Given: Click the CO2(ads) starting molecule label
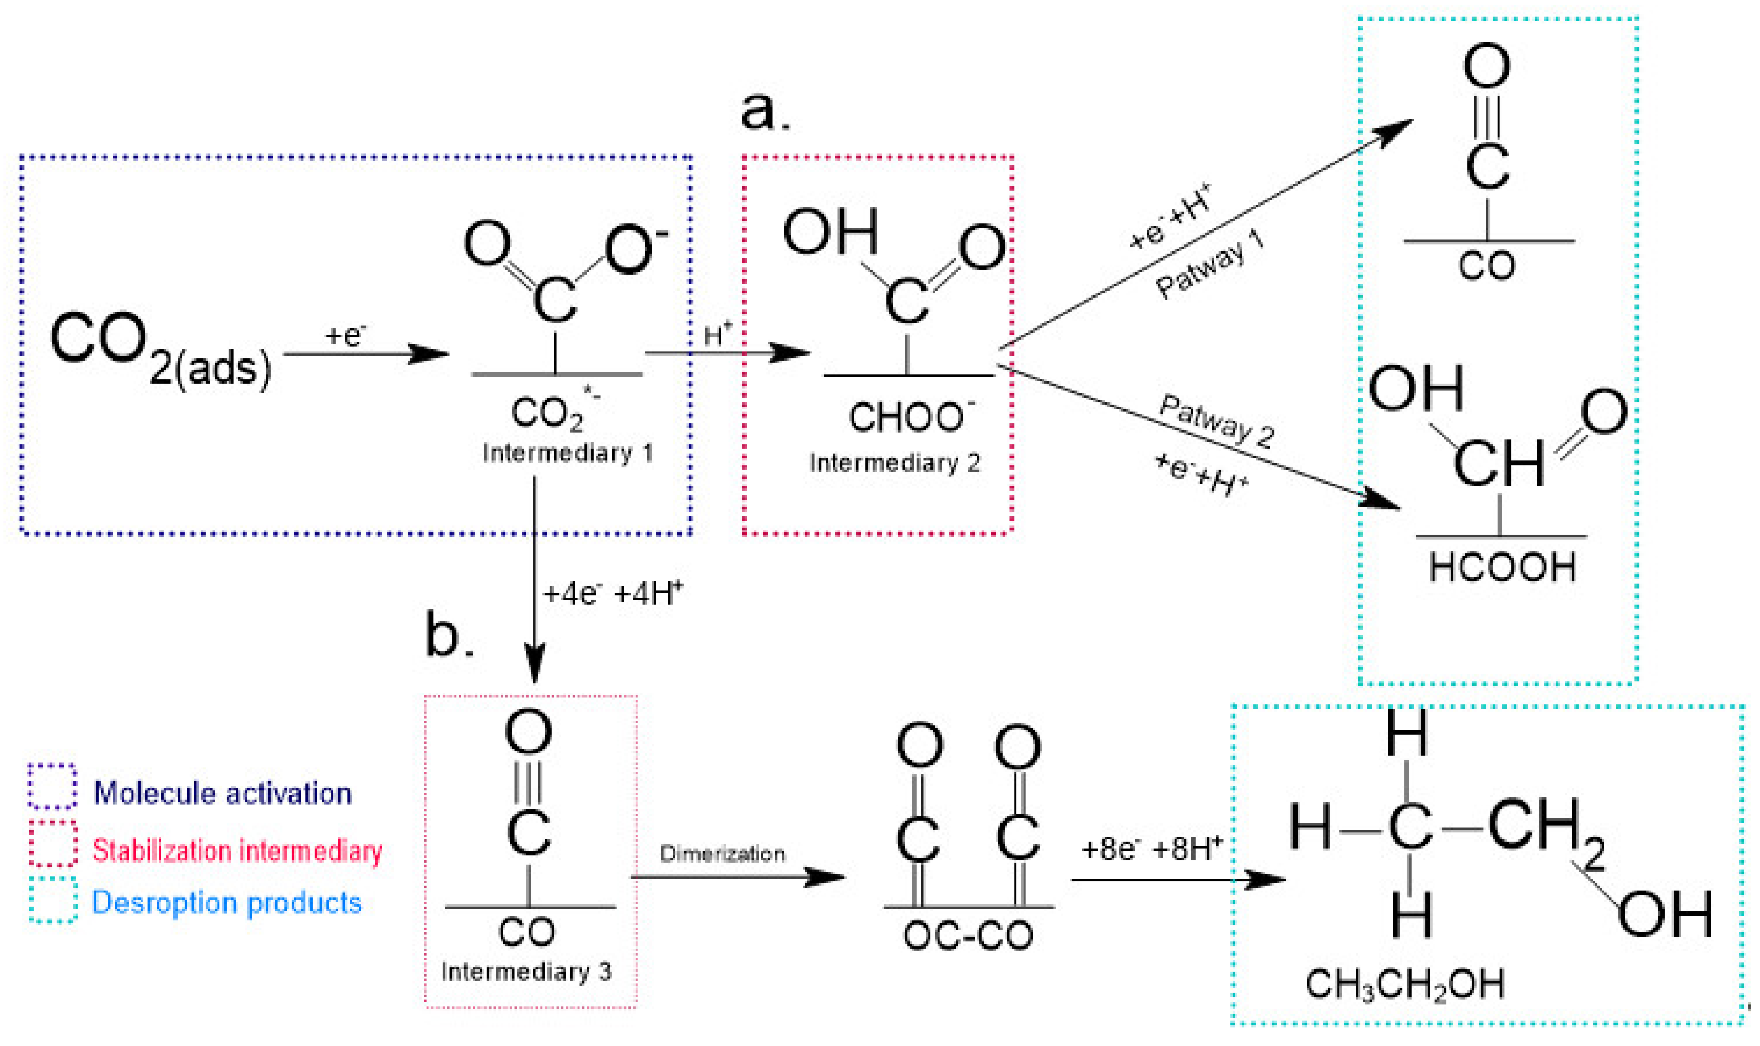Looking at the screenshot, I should click(x=161, y=347).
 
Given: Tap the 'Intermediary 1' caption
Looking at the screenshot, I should click(x=567, y=453).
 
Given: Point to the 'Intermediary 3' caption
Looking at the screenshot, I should click(x=526, y=972).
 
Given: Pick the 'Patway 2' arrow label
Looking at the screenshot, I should click(x=1217, y=421).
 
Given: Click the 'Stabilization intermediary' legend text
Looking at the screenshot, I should click(x=237, y=851).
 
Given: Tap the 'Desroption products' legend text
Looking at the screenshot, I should click(x=227, y=903).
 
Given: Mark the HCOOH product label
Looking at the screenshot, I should click(x=1502, y=567).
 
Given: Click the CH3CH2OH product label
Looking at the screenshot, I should click(x=1405, y=985).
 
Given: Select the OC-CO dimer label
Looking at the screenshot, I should click(x=968, y=936).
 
